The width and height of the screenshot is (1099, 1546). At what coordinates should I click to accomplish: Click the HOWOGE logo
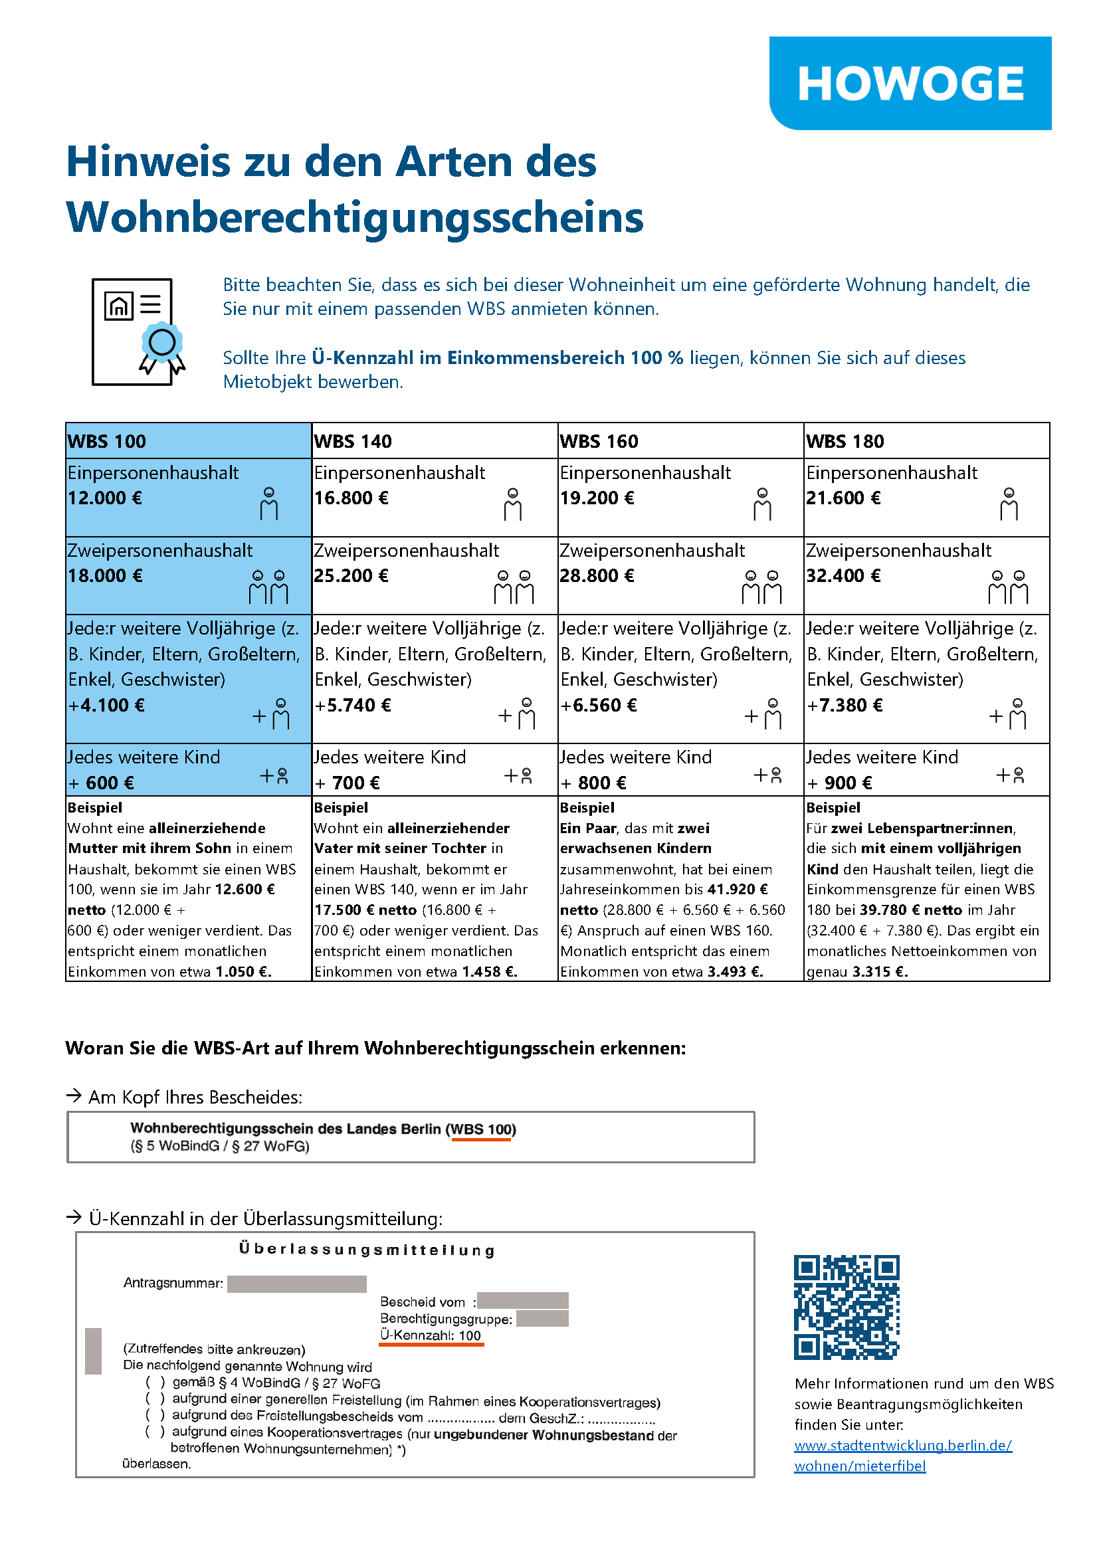pos(910,83)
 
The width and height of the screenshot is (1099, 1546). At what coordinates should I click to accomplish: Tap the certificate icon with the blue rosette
pos(138,332)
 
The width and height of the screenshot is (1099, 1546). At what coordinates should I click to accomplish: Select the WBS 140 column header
pos(353,441)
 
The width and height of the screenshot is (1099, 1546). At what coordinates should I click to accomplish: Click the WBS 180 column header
pos(845,441)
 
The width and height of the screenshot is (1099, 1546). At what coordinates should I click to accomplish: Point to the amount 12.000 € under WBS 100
pos(105,498)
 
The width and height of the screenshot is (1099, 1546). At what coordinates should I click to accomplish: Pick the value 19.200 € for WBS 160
pos(597,498)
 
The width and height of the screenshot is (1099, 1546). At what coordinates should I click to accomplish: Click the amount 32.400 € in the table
pos(843,576)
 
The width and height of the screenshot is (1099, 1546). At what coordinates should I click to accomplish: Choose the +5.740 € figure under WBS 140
pos(353,705)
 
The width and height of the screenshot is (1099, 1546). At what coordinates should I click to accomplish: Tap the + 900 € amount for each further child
pos(839,783)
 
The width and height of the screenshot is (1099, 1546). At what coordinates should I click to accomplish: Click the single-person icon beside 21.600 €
pos(1009,504)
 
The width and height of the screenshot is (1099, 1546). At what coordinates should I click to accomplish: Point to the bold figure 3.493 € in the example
pos(735,971)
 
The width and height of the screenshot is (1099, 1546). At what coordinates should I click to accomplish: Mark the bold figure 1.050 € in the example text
pos(243,971)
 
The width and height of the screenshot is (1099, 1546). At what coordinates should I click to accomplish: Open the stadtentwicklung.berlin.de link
pos(902,1444)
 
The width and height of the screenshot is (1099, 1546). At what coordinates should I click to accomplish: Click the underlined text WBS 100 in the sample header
pos(482,1129)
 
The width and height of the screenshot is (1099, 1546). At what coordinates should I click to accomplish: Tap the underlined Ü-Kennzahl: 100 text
pos(431,1335)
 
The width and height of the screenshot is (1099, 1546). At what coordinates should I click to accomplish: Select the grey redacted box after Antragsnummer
pos(296,1284)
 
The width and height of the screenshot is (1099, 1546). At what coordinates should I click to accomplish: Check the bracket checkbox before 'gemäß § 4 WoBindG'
pos(155,1383)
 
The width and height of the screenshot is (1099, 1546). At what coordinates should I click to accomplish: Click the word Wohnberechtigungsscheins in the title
pos(355,217)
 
